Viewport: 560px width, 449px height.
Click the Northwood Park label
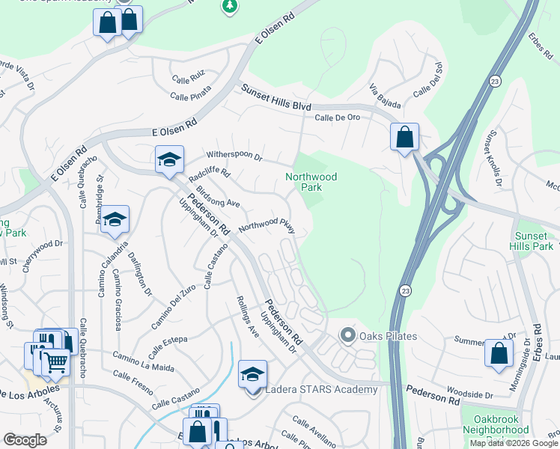pos(311,183)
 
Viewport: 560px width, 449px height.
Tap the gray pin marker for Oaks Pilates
pos(347,335)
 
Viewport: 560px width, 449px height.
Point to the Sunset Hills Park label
pos(532,239)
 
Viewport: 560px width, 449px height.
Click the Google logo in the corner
pos(25,440)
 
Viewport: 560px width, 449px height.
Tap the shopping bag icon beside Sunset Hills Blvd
pos(404,137)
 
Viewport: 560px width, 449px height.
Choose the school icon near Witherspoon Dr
pos(169,159)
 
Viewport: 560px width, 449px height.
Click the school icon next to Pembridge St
pos(115,219)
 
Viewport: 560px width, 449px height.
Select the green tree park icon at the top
pos(231,6)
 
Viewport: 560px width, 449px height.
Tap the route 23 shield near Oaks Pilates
pos(405,290)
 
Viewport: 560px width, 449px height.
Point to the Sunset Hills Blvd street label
pos(276,98)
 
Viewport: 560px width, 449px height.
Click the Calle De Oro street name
pos(337,117)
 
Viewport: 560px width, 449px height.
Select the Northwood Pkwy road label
pos(267,224)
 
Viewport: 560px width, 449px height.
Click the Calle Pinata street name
pos(190,92)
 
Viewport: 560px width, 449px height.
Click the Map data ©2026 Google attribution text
pos(513,443)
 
